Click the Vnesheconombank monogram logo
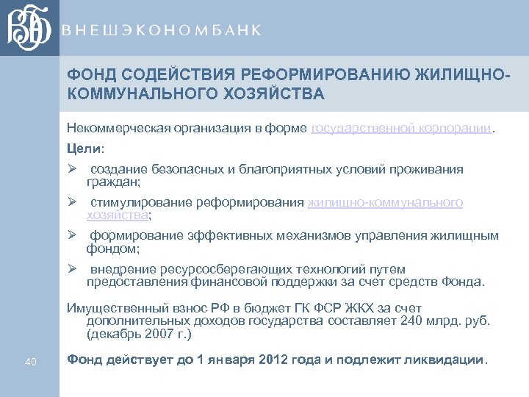pyautogui.click(x=29, y=28)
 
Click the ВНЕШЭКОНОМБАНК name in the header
pyautogui.click(x=162, y=30)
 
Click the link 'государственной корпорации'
pyautogui.click(x=401, y=129)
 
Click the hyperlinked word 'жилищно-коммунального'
pyautogui.click(x=385, y=203)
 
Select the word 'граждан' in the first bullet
pyautogui.click(x=111, y=182)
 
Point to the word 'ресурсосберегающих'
pyautogui.click(x=214, y=269)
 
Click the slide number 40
pyautogui.click(x=31, y=361)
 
